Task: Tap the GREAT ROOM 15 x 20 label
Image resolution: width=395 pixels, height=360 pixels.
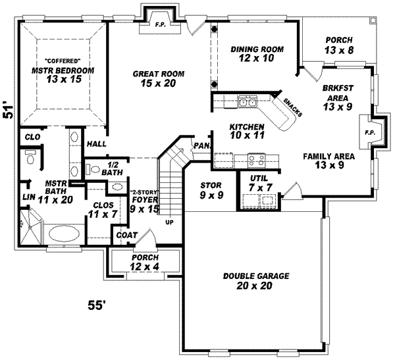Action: click(158, 79)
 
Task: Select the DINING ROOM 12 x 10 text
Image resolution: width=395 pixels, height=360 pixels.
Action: click(257, 54)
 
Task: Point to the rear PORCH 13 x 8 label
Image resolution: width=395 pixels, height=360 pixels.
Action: click(339, 45)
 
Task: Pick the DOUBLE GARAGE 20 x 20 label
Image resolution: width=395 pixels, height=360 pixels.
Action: click(255, 280)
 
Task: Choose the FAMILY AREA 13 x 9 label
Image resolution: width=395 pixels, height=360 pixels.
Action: click(329, 161)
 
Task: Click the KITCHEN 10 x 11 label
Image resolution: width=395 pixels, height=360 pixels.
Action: click(247, 130)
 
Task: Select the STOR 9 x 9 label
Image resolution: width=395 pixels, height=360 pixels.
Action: click(211, 190)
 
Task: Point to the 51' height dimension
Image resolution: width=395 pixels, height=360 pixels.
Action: click(9, 109)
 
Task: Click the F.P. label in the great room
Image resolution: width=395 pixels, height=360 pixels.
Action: click(160, 25)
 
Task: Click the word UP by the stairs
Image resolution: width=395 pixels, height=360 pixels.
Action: click(169, 221)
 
